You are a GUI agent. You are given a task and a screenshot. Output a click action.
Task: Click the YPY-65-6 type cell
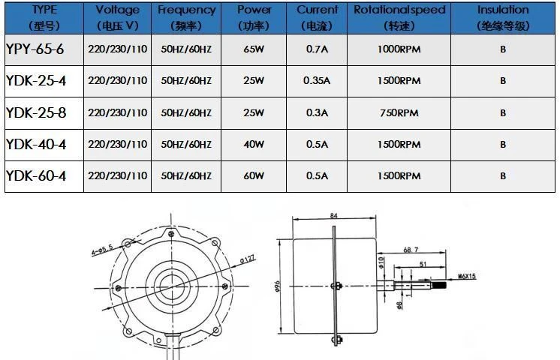pyautogui.click(x=35, y=49)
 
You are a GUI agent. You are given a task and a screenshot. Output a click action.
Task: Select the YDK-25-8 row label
pyautogui.click(x=36, y=112)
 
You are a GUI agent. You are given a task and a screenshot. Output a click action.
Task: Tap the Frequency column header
pyautogui.click(x=186, y=17)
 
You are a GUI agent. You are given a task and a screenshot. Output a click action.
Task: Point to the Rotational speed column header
pyautogui.click(x=399, y=17)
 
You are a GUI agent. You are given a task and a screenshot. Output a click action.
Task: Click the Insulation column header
pyautogui.click(x=503, y=17)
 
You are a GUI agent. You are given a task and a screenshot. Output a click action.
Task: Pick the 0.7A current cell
pyautogui.click(x=317, y=49)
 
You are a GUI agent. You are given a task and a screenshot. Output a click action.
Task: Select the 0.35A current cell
pyautogui.click(x=317, y=81)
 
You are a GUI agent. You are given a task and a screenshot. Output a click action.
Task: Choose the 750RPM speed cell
pyautogui.click(x=399, y=112)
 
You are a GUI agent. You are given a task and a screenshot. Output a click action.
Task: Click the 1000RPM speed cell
pyautogui.click(x=399, y=49)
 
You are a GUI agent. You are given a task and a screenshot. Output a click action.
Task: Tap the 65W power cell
pyautogui.click(x=254, y=49)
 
